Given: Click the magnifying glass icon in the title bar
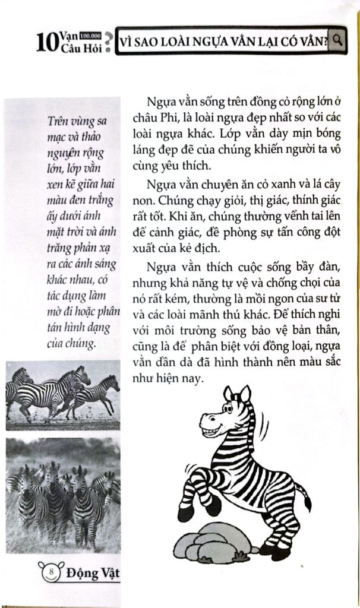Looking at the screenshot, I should pos(337,40).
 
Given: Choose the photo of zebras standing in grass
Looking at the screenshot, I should pos(62,495).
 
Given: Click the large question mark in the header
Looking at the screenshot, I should pos(109,44).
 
